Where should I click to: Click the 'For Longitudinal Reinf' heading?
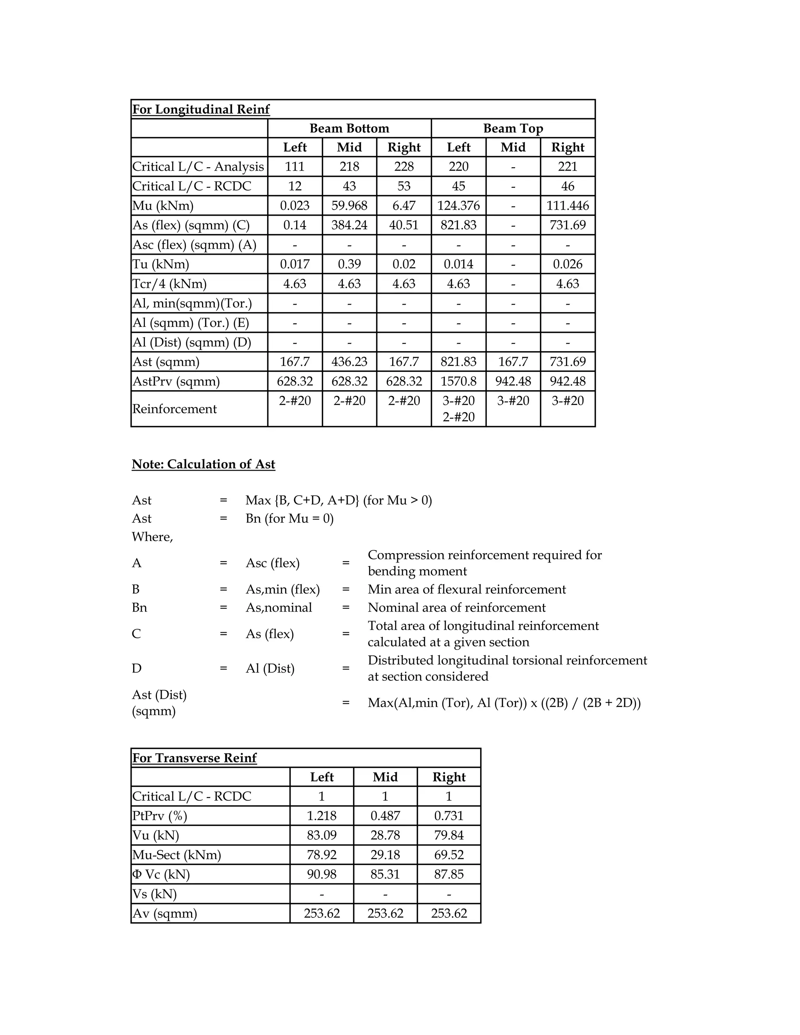click(x=200, y=109)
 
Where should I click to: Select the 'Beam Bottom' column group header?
click(x=349, y=128)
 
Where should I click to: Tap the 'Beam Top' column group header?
click(x=513, y=128)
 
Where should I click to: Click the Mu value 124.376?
click(x=458, y=206)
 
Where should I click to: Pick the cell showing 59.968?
click(x=349, y=206)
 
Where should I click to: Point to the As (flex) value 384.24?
click(x=349, y=225)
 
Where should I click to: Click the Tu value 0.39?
click(x=349, y=264)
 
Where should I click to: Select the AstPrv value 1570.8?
click(x=458, y=381)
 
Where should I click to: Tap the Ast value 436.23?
click(x=349, y=362)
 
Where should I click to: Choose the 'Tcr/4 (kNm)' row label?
click(x=169, y=284)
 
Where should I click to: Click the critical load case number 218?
click(x=349, y=167)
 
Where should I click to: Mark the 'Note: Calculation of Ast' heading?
click(x=203, y=464)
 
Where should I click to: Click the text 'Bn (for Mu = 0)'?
click(x=289, y=518)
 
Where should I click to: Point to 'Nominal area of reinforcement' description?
click(x=456, y=608)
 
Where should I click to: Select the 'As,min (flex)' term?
click(x=282, y=589)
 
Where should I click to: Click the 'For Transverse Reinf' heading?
click(x=194, y=758)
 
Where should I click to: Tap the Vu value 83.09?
click(x=321, y=835)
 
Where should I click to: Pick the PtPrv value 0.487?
click(x=385, y=816)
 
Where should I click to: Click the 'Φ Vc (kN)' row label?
click(x=161, y=874)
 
